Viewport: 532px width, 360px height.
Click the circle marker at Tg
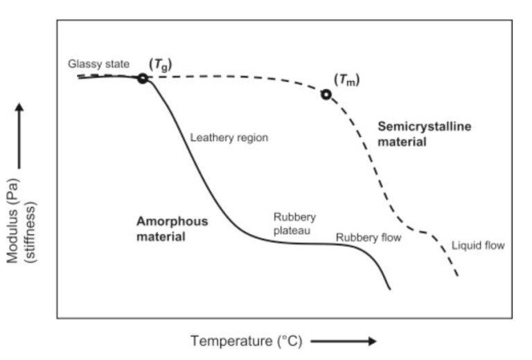pos(143,78)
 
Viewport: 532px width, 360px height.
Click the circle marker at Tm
pos(326,93)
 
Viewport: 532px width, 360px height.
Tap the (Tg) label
pos(161,64)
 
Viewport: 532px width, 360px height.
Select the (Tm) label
pos(347,80)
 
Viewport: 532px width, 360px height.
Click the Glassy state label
pos(98,64)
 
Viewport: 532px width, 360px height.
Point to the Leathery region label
pos(229,137)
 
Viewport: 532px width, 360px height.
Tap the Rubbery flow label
pos(369,237)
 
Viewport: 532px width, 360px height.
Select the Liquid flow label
pos(478,245)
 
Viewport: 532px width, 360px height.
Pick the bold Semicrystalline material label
pos(414,134)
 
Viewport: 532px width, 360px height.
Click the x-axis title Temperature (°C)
pos(246,341)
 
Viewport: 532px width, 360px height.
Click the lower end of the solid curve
pos(390,289)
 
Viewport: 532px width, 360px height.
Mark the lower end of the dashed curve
pos(457,276)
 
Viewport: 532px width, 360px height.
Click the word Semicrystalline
pos(414,126)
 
